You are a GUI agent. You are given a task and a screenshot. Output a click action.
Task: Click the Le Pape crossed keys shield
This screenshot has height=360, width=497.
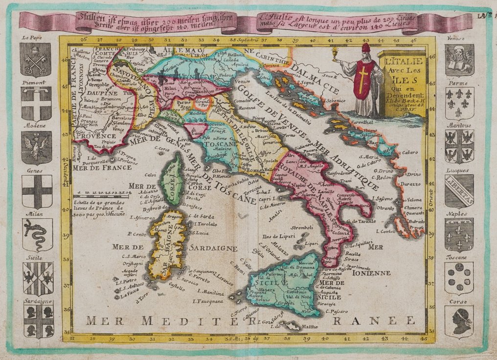point(35,59)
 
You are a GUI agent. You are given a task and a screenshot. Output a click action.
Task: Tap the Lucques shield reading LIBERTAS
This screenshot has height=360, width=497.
point(459,191)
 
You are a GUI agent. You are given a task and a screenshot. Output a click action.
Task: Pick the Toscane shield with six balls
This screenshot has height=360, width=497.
point(459,277)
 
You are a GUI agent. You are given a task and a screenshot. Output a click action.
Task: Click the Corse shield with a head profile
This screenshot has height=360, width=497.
point(459,321)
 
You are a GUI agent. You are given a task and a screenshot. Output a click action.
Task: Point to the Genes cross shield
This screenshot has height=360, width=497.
point(37,191)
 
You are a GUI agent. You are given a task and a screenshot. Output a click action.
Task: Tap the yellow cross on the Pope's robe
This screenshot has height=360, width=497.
point(362,81)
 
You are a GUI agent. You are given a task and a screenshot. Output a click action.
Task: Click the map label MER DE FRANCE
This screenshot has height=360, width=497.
point(102,167)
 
